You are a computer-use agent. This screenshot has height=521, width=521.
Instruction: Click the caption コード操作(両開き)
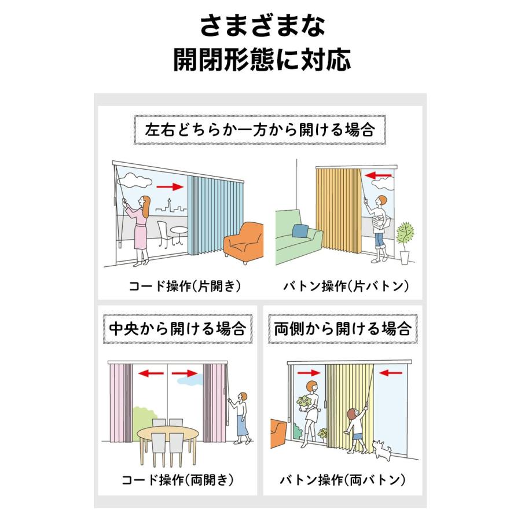(x=177, y=480)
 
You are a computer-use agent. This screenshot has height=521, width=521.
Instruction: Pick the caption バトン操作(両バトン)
(x=342, y=480)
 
